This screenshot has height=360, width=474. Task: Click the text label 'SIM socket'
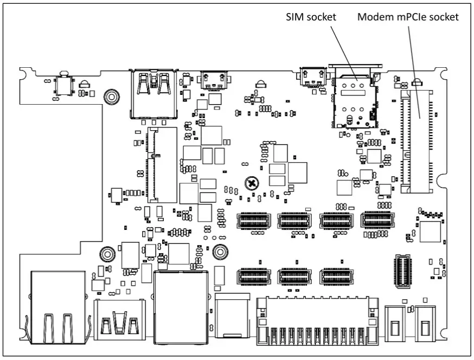point(311,17)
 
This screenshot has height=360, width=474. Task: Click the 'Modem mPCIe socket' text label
point(407,17)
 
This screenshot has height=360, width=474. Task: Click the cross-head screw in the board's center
point(251,183)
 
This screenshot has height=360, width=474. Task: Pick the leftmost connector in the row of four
point(253,221)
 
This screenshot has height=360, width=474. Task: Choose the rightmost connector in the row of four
point(377,221)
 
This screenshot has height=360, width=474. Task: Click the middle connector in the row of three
point(294,277)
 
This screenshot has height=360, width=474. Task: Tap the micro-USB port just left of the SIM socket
point(311,77)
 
